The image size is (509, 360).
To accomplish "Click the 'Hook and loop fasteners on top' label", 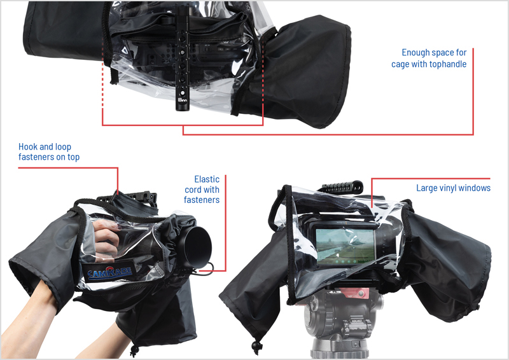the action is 49,152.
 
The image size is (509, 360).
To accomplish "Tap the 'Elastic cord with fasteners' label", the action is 202,190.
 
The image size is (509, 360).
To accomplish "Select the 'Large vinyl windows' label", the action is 453,188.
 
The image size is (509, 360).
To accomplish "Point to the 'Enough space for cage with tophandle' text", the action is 429,59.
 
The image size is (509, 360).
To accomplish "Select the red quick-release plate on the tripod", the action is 356,293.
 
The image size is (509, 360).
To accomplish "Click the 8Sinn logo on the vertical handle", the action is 182,99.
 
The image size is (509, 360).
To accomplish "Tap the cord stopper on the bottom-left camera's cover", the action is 134,350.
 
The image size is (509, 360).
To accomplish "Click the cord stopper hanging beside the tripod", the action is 257,347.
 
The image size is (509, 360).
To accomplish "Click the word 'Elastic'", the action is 207,179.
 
